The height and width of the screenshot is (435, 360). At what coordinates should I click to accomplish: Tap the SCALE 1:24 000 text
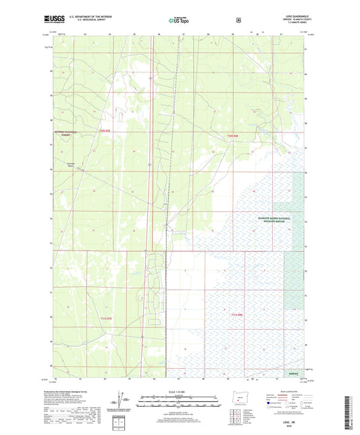pyautogui.click(x=180, y=391)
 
